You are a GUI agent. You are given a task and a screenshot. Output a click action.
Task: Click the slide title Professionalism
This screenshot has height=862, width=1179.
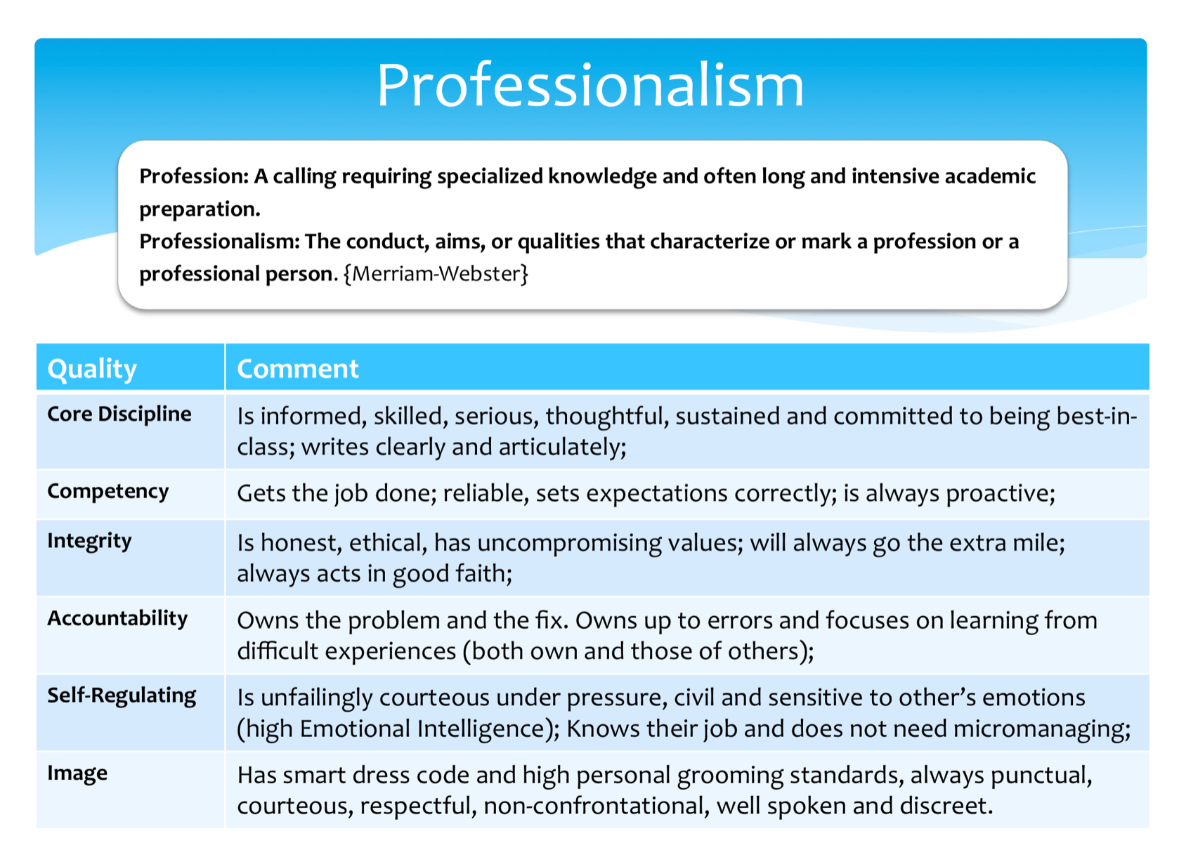coord(590,85)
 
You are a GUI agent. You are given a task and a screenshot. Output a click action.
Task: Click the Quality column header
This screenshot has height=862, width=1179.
coord(92,370)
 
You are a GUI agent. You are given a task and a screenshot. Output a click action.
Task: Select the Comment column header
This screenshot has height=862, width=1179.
coord(298,368)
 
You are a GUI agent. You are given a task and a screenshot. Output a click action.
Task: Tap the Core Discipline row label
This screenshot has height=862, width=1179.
coord(119,414)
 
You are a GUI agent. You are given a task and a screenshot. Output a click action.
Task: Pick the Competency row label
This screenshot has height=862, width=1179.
coord(108,492)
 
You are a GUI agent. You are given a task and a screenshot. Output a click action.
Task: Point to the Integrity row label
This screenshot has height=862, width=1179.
coord(89,542)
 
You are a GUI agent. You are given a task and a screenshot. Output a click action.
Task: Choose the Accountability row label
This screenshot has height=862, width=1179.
coord(117,618)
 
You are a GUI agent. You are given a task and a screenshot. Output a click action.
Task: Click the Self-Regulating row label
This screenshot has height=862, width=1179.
coord(122,696)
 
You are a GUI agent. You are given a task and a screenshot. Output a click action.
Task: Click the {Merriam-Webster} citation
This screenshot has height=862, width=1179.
coord(436,274)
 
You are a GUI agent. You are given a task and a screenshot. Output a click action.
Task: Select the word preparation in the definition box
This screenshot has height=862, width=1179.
coord(200,209)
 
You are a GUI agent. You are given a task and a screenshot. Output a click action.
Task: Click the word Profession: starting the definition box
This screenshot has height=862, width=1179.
coord(194,176)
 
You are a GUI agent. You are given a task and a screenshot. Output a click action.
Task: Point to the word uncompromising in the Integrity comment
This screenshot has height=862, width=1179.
coord(569,544)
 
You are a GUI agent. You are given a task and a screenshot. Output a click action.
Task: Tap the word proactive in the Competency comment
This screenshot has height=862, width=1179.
coord(1000,494)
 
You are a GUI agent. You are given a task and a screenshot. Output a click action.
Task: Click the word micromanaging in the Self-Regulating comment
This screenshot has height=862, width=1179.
coord(1041,729)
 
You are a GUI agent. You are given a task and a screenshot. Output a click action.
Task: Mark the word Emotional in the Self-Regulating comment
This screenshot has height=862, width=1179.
coord(356,729)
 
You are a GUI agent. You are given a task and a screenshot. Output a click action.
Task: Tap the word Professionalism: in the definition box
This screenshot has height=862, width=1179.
coord(219,242)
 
